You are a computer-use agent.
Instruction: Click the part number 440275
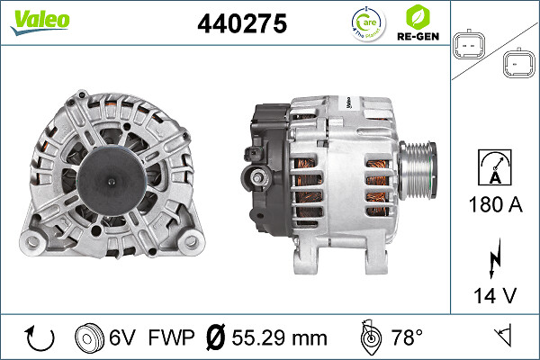coord(241,24)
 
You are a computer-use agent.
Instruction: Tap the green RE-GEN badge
coord(418,24)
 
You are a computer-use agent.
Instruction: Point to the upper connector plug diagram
coord(471,46)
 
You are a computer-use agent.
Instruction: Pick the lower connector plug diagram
coord(518,63)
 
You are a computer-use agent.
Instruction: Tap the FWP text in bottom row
coord(170,339)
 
